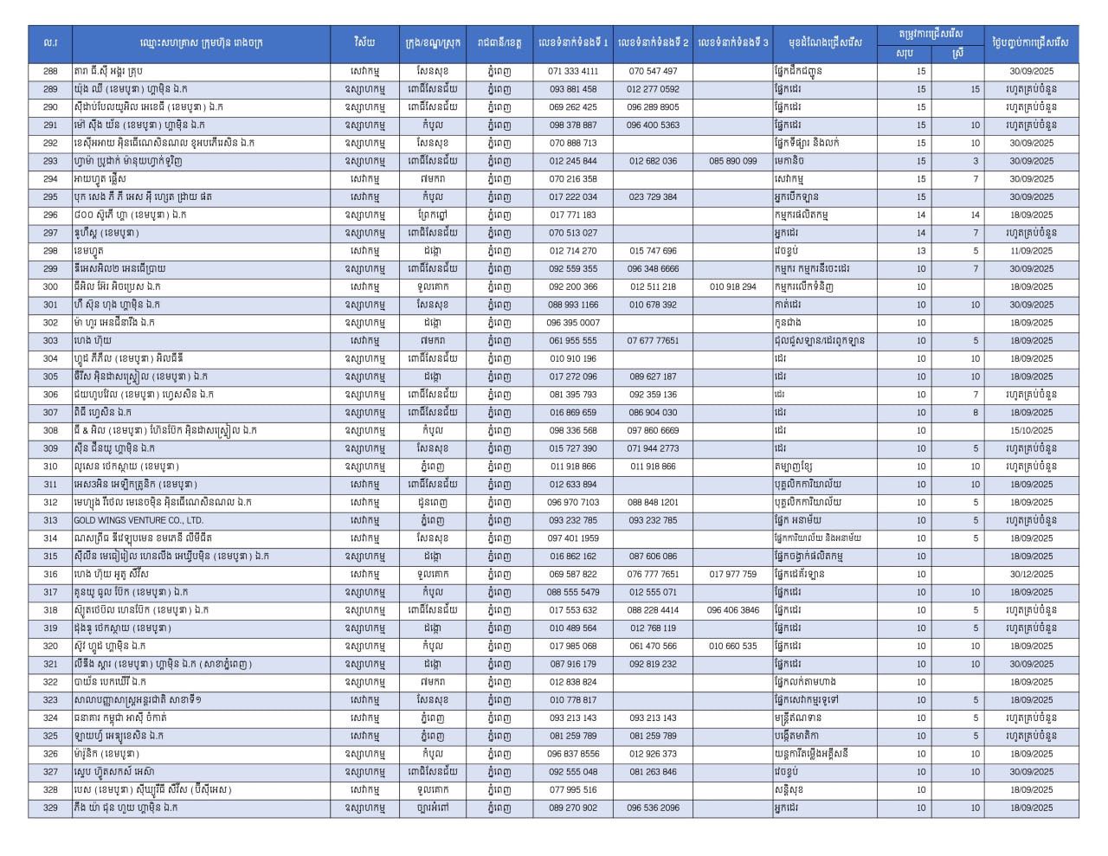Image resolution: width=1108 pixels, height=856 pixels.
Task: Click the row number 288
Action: [x=50, y=71]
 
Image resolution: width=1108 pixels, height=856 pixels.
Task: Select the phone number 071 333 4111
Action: [x=573, y=71]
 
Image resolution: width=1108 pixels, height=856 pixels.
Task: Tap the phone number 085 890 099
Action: [x=732, y=161]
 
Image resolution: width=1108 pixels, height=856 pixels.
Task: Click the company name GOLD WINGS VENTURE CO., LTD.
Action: [x=138, y=520]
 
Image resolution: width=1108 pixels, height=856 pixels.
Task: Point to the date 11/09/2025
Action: [x=1031, y=251]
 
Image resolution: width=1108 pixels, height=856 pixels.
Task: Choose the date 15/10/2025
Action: [x=1031, y=430]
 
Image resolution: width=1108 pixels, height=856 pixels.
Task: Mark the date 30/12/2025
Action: [x=1031, y=574]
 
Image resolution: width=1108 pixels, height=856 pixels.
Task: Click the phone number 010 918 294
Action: [x=732, y=286]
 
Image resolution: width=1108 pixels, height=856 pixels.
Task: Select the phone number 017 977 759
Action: [x=732, y=574]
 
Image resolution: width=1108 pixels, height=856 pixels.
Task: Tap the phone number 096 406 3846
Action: [x=732, y=610]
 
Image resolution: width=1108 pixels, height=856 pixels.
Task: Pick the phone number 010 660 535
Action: [x=732, y=646]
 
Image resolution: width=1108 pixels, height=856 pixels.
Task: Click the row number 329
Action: [x=50, y=808]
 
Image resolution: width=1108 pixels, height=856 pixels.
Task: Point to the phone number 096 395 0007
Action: [x=573, y=323]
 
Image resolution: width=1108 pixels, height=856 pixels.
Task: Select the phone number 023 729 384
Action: [x=653, y=196]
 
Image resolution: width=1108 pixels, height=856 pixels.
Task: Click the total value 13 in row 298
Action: [x=921, y=251]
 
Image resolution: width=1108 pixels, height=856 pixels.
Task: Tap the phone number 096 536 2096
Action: [x=653, y=808]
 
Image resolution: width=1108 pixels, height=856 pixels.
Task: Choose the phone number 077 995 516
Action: [x=573, y=789]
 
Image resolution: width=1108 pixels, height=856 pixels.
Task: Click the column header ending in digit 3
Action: [x=732, y=42]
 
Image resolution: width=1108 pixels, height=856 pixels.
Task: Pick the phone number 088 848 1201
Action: [x=653, y=502]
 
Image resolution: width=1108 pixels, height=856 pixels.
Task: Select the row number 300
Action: [x=50, y=286]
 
